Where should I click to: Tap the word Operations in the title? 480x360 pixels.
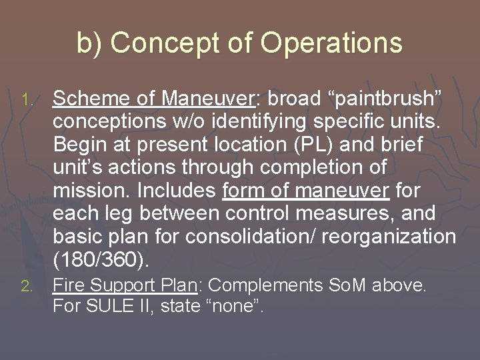(x=331, y=43)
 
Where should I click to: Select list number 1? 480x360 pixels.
(x=26, y=101)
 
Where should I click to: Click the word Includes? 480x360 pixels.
(x=177, y=191)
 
